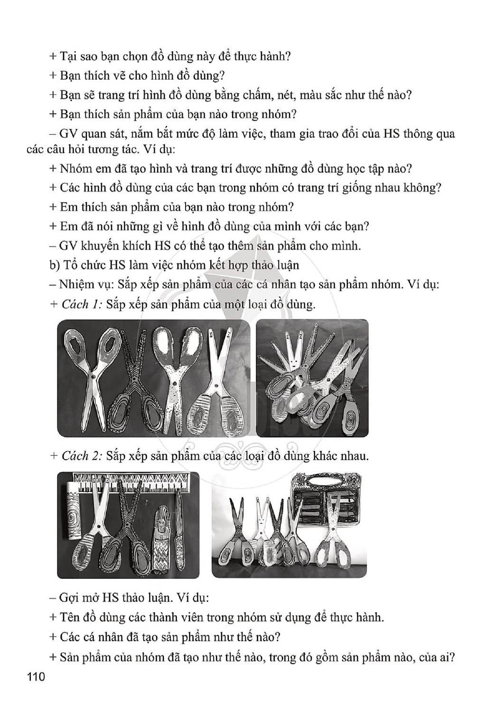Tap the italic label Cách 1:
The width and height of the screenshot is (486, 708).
coord(81,305)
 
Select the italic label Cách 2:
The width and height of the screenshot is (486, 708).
coord(81,456)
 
